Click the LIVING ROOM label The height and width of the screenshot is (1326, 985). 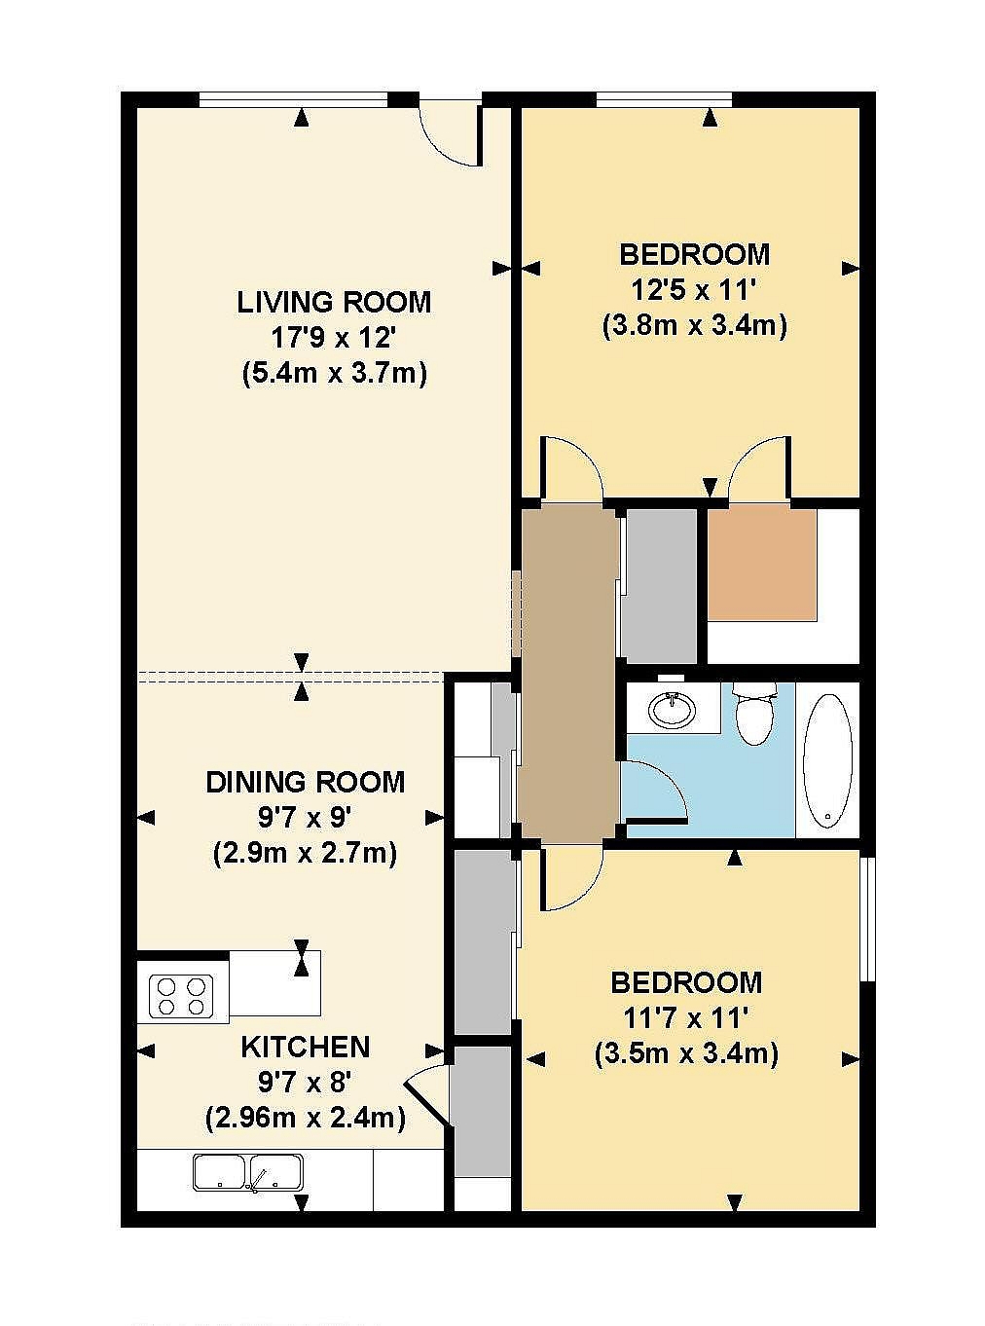(x=334, y=302)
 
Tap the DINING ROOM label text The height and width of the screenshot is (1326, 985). (x=306, y=782)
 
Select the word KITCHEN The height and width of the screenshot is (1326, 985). (x=306, y=1047)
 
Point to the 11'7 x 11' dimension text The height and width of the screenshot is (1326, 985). (x=686, y=1018)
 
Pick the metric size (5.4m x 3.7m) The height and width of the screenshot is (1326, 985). (x=334, y=375)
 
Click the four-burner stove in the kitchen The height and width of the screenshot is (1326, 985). (x=183, y=996)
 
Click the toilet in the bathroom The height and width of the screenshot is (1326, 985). (x=755, y=715)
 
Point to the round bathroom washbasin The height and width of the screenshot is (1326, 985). (x=674, y=709)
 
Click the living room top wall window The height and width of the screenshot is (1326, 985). (x=294, y=99)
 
